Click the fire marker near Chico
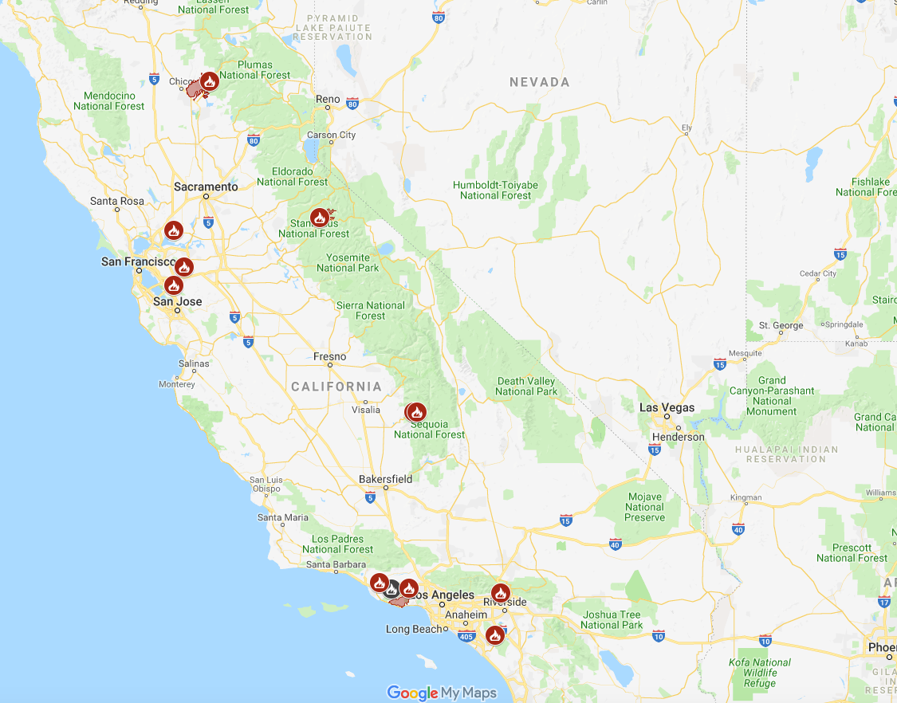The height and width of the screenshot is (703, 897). tap(209, 81)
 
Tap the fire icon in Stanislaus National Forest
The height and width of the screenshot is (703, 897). tap(319, 217)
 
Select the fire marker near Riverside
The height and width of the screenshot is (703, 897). tap(500, 592)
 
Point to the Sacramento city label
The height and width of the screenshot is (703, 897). tap(206, 187)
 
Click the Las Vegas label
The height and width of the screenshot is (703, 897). tap(667, 408)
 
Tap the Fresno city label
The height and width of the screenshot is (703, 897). tap(329, 356)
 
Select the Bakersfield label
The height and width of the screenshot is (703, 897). tap(385, 479)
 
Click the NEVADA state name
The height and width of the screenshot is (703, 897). tap(540, 82)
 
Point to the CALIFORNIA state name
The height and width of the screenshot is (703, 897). tap(336, 387)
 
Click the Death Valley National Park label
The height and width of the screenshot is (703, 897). tap(526, 387)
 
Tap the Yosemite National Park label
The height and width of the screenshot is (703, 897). tap(348, 263)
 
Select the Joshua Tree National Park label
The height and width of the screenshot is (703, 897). tap(611, 620)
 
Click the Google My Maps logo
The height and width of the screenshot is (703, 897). tap(442, 693)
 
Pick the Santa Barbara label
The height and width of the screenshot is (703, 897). tap(336, 565)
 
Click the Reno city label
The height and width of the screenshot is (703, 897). tap(328, 100)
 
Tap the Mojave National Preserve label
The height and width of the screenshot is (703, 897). tap(644, 507)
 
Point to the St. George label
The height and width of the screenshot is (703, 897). tap(781, 325)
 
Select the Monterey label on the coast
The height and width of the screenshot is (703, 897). tap(176, 384)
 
